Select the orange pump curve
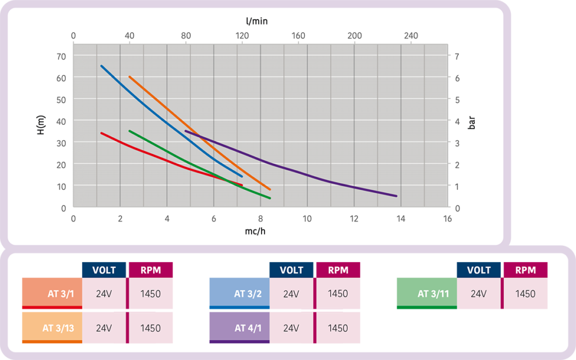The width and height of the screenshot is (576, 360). click(x=200, y=133)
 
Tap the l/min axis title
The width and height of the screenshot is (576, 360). click(x=256, y=21)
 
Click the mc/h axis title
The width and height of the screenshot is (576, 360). click(x=255, y=231)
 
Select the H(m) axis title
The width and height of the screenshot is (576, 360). click(x=40, y=125)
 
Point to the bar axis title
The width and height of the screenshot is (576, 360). click(x=471, y=123)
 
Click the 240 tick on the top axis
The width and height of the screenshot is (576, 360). click(x=411, y=35)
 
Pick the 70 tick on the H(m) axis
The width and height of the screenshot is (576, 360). click(x=61, y=57)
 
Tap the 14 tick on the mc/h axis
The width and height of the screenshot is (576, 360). click(x=400, y=219)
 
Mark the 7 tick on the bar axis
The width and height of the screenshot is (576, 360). click(x=457, y=57)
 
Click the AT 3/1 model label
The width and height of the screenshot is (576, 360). click(x=61, y=294)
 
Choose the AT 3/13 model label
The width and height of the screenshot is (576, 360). click(x=58, y=328)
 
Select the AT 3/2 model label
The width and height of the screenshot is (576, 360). click(x=247, y=294)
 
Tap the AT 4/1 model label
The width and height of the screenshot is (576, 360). click(x=248, y=328)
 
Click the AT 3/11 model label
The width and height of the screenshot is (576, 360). click(x=433, y=294)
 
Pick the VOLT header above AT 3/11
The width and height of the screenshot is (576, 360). click(x=479, y=271)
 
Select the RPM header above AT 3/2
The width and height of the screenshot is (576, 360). click(x=338, y=271)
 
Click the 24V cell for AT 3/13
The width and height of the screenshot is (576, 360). click(x=104, y=328)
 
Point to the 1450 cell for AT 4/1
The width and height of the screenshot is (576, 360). click(x=337, y=328)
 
